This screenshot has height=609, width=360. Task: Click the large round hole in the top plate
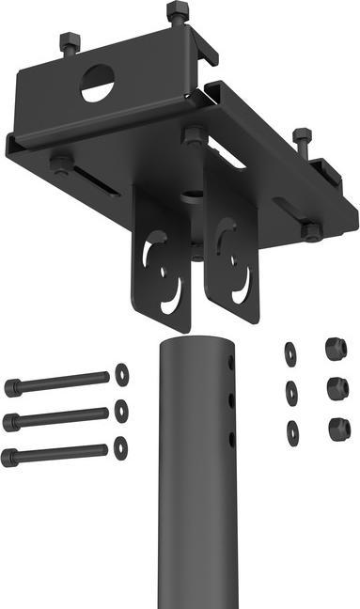pyautogui.click(x=97, y=86)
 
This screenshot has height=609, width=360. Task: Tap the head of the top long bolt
pyautogui.click(x=12, y=386)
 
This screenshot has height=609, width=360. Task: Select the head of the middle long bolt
pyautogui.click(x=11, y=422)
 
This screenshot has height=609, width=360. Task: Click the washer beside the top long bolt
pyautogui.click(x=121, y=374)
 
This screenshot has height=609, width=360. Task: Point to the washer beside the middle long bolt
pyautogui.click(x=121, y=411)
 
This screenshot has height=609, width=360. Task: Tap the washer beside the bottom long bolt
pyautogui.click(x=121, y=447)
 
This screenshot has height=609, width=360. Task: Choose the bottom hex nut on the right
pyautogui.click(x=338, y=429)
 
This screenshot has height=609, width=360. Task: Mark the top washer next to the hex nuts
pyautogui.click(x=290, y=353)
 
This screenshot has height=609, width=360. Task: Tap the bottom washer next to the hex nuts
pyautogui.click(x=292, y=432)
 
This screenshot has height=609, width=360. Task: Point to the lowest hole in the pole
pyautogui.click(x=229, y=438)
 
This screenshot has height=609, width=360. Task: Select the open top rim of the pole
pyautogui.click(x=196, y=342)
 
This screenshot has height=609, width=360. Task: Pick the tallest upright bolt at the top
pyautogui.click(x=177, y=14)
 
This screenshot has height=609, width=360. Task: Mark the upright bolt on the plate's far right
pyautogui.click(x=301, y=141)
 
